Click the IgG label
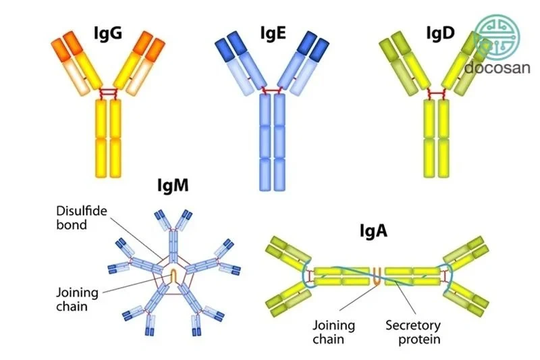(x=108, y=34)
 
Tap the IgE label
(x=273, y=33)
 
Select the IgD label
(x=441, y=33)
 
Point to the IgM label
(x=173, y=185)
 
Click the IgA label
(x=374, y=231)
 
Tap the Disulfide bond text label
(x=82, y=217)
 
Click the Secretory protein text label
(x=413, y=332)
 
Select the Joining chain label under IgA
(x=333, y=332)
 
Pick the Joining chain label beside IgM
(x=77, y=299)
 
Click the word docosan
(x=497, y=67)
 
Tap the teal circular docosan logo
(x=497, y=37)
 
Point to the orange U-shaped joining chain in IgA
(x=377, y=276)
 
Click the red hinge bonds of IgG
(x=109, y=93)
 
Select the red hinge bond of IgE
(x=272, y=91)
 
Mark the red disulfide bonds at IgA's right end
(x=444, y=276)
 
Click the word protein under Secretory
(x=419, y=339)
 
